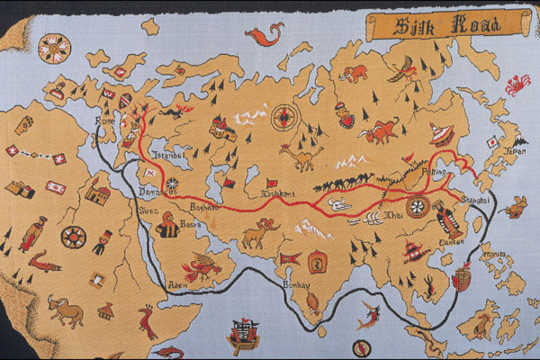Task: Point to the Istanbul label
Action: (x=167, y=157)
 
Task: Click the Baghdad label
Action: (x=204, y=206)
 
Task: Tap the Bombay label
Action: (x=297, y=284)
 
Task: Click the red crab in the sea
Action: (x=517, y=85)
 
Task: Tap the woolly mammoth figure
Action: (x=355, y=72)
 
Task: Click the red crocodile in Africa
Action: (x=41, y=265)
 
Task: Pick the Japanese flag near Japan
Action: (x=492, y=141)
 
